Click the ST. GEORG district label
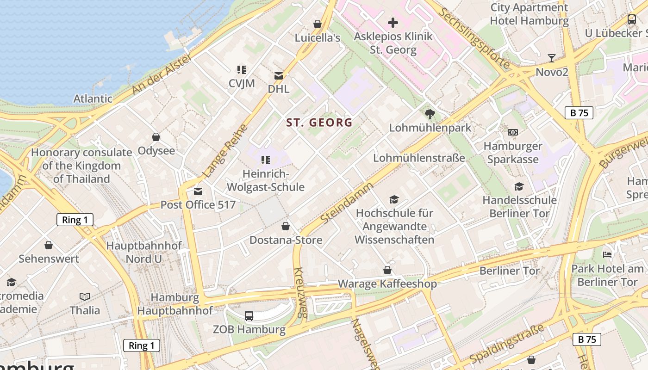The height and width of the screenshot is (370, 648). (319, 123)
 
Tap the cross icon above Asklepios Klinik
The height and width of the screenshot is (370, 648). (393, 22)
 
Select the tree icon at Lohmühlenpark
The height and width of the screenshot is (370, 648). (430, 114)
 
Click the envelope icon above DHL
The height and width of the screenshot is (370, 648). (279, 75)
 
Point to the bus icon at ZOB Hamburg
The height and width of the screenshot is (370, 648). (249, 316)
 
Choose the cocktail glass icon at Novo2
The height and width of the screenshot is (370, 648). (551, 58)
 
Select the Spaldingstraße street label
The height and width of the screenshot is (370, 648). (507, 344)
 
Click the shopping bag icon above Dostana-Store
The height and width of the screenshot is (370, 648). (286, 226)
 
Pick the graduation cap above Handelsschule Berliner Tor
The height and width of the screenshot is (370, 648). (519, 186)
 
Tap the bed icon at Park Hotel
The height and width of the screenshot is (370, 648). (607, 254)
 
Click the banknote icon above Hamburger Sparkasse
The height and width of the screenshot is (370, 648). (512, 132)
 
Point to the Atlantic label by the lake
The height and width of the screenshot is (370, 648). (93, 99)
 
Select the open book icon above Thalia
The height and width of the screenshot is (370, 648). (84, 296)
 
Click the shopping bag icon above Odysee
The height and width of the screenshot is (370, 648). (156, 137)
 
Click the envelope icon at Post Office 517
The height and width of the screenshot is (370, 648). (198, 191)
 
